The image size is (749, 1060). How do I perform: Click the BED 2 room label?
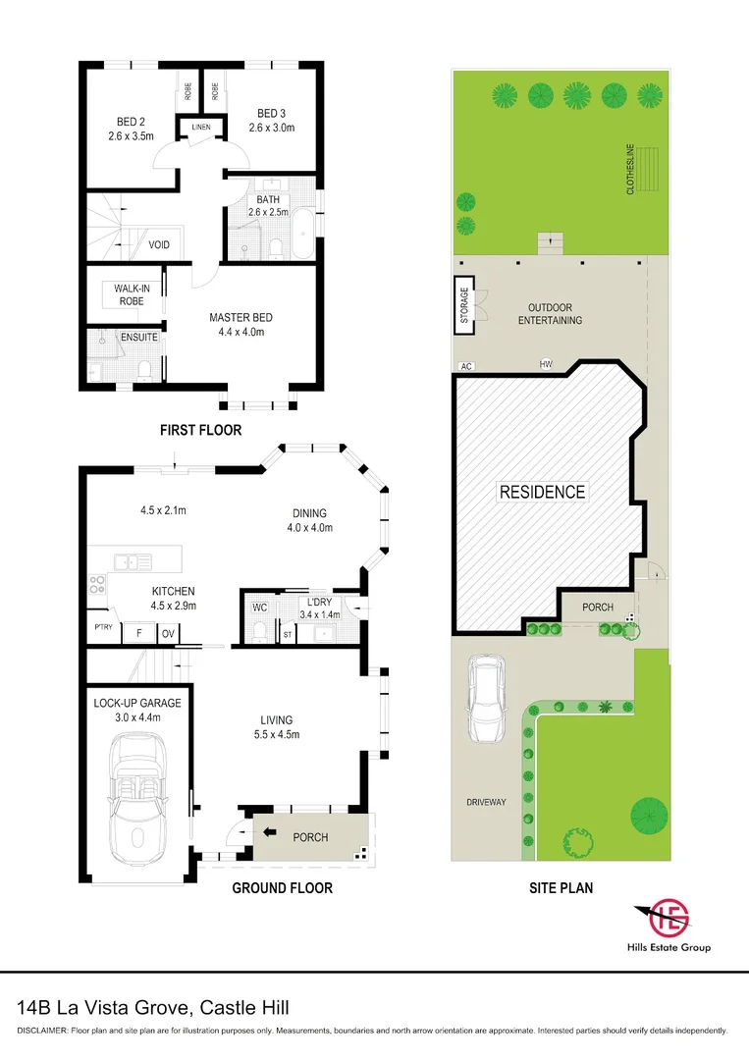[x=131, y=122]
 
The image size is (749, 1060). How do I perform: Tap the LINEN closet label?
[x=201, y=127]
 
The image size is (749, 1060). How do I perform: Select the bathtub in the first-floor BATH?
[x=302, y=234]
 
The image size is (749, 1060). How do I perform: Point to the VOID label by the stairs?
[x=159, y=244]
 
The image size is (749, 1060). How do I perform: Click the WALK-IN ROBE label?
[x=132, y=294]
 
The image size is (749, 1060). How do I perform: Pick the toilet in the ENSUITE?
[x=144, y=370]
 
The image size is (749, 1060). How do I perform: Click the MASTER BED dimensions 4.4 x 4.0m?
[x=241, y=332]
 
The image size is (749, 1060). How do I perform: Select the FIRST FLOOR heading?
[x=201, y=430]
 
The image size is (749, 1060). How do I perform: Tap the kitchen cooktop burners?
[x=96, y=584]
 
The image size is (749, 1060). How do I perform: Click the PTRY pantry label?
[x=103, y=627]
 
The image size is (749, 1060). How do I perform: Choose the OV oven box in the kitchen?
[x=168, y=633]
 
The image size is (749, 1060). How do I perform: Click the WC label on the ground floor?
[x=259, y=608]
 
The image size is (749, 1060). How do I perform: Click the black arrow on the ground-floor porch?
[x=270, y=832]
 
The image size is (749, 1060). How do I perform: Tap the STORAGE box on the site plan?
[x=463, y=305]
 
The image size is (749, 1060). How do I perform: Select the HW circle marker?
[x=546, y=364]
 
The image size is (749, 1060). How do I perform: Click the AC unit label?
[x=465, y=366]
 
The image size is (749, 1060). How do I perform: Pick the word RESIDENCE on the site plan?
[x=542, y=492]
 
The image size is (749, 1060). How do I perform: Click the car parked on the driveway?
[x=487, y=699]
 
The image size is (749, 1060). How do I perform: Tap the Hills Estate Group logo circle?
[x=669, y=918]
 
